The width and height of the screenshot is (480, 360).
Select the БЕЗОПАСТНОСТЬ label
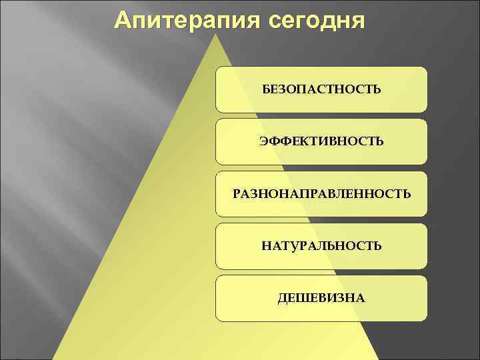click(321, 89)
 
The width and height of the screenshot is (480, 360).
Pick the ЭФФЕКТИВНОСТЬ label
click(321, 141)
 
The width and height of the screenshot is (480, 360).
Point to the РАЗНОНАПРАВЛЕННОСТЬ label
click(321, 194)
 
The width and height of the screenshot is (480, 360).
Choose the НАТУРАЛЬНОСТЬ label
click(321, 246)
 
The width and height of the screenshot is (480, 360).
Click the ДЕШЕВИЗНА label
click(321, 298)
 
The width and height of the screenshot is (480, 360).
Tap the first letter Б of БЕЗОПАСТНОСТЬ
click(265, 89)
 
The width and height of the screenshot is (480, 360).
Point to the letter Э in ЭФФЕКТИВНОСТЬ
click(264, 141)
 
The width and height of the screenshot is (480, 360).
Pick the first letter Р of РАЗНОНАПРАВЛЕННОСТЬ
click(236, 194)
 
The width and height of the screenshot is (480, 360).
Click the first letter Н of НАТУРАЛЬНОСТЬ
click(266, 246)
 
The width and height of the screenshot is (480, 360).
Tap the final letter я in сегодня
click(358, 22)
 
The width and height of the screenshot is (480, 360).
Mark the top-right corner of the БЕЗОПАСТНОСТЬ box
click(425, 68)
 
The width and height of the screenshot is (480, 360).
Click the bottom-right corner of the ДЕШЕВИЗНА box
click(425, 321)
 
